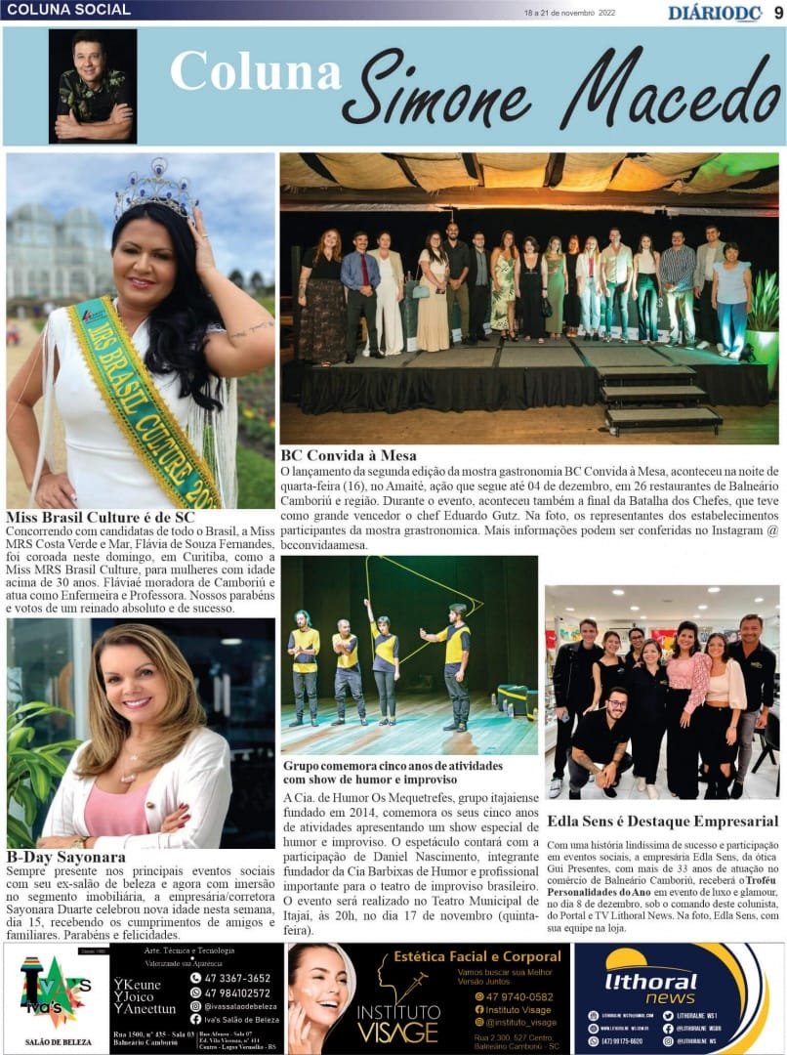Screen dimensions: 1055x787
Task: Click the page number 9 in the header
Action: point(777,12)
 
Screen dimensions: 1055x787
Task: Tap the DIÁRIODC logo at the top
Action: point(715,13)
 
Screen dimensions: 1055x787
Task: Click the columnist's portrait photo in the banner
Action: point(93,86)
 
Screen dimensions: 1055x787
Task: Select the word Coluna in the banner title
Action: point(255,74)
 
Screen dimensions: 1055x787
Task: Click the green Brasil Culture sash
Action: point(142,401)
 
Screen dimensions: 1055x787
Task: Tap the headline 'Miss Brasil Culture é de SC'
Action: point(101,517)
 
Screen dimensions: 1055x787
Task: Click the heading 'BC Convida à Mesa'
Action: point(349,455)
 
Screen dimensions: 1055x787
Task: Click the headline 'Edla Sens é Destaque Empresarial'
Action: point(662,821)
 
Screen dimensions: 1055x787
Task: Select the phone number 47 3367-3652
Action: point(237,978)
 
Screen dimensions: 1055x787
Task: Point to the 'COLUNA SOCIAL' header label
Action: point(68,10)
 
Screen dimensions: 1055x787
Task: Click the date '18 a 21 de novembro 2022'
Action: point(570,14)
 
